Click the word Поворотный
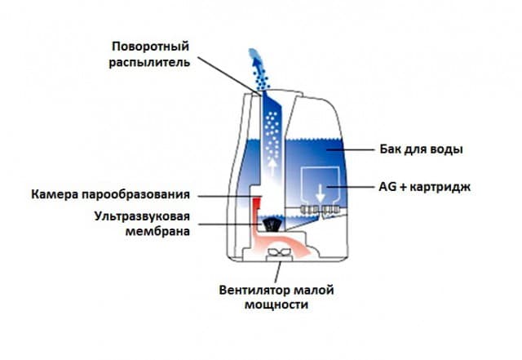150,47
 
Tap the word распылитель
149,63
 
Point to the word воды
447,149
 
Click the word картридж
440,187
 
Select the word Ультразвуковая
142,216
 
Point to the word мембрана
157,231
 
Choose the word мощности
276,304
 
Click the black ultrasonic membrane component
272,224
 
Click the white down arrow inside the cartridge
321,193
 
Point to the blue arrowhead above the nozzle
256,62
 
